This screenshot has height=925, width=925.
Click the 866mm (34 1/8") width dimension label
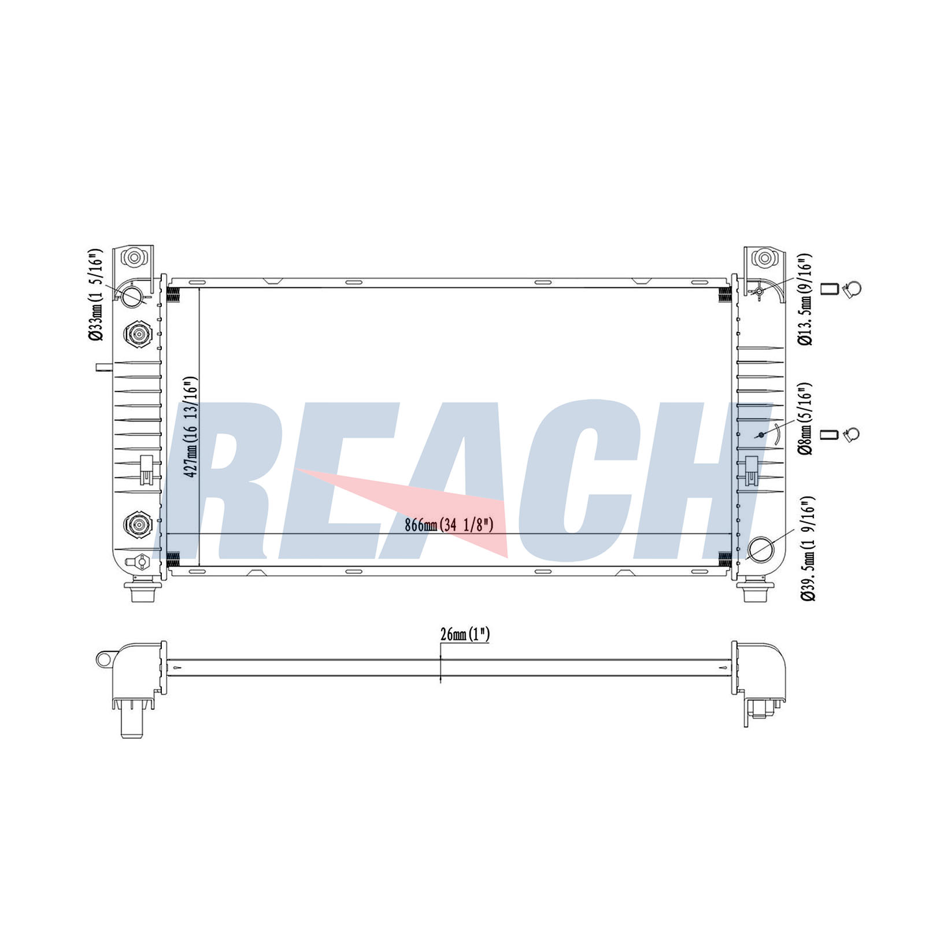(449, 525)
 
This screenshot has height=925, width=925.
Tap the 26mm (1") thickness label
(465, 634)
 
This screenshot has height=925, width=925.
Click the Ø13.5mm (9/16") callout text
(805, 299)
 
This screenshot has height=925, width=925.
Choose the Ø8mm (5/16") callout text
(805, 418)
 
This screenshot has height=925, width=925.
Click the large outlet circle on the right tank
(760, 549)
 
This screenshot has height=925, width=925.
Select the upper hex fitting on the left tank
(138, 334)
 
